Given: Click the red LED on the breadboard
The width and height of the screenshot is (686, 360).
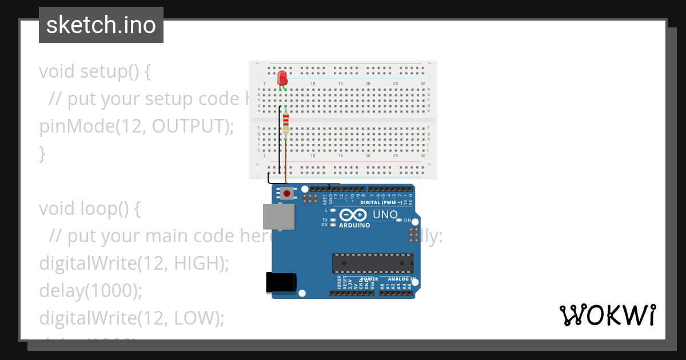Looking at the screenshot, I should (282, 78).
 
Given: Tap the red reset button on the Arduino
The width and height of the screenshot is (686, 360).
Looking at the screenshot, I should (286, 194).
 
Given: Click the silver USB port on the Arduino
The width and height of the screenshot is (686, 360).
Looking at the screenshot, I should (278, 217).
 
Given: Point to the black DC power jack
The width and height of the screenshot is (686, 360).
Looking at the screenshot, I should (281, 283).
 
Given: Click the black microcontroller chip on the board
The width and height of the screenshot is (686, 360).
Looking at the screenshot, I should (373, 263).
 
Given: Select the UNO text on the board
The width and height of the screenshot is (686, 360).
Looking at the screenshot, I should (385, 215).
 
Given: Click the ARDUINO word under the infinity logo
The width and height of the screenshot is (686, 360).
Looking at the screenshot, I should (354, 225).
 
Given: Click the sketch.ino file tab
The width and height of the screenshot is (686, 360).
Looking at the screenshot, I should (101, 25).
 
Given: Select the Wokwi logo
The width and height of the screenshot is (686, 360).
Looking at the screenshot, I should (607, 315).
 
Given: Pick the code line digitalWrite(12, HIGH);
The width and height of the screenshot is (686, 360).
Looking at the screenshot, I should (134, 263).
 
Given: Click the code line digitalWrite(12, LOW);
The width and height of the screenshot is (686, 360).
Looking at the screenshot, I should (131, 318).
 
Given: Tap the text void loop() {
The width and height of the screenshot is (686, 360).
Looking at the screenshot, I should (89, 209).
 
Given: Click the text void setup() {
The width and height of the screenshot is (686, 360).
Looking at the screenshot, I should (95, 71).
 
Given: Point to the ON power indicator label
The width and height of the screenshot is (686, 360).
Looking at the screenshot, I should (408, 220).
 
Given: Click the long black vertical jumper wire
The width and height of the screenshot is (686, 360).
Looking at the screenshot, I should (280, 140).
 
